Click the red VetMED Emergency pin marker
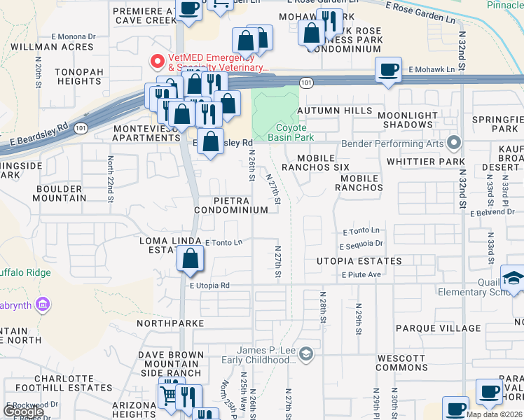pos(157,62)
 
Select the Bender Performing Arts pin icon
pos(453,145)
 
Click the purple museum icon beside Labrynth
pos(43,304)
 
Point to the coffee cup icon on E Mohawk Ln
pos(388,70)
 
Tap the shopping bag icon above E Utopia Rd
pos(191,260)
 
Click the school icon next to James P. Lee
pos(305,355)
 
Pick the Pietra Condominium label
pos(231,205)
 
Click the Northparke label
pos(170,323)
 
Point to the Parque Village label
pos(439,328)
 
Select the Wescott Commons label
pos(402,363)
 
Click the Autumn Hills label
pos(334,111)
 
